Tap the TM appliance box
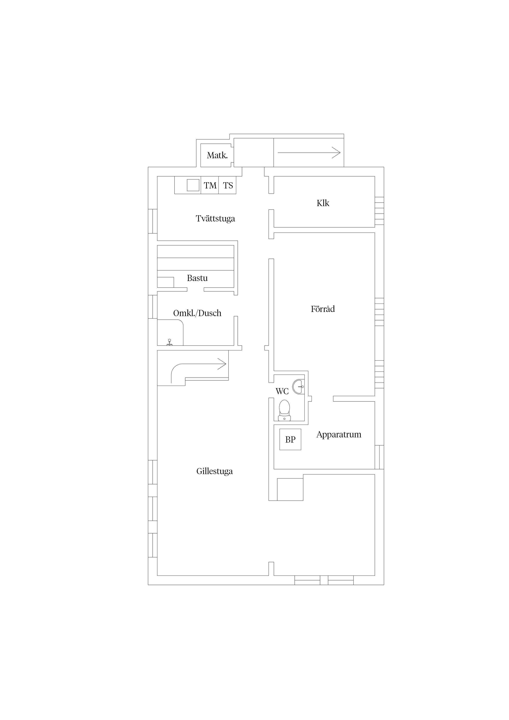[x=210, y=185]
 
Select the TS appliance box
[x=227, y=185]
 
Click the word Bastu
[x=197, y=278]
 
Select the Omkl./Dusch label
[x=197, y=313]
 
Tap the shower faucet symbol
[x=169, y=342]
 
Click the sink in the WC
[x=298, y=387]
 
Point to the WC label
[x=282, y=391]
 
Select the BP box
[x=290, y=439]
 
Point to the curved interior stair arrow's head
[x=222, y=364]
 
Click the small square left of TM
[x=193, y=185]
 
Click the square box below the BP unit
[x=290, y=489]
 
